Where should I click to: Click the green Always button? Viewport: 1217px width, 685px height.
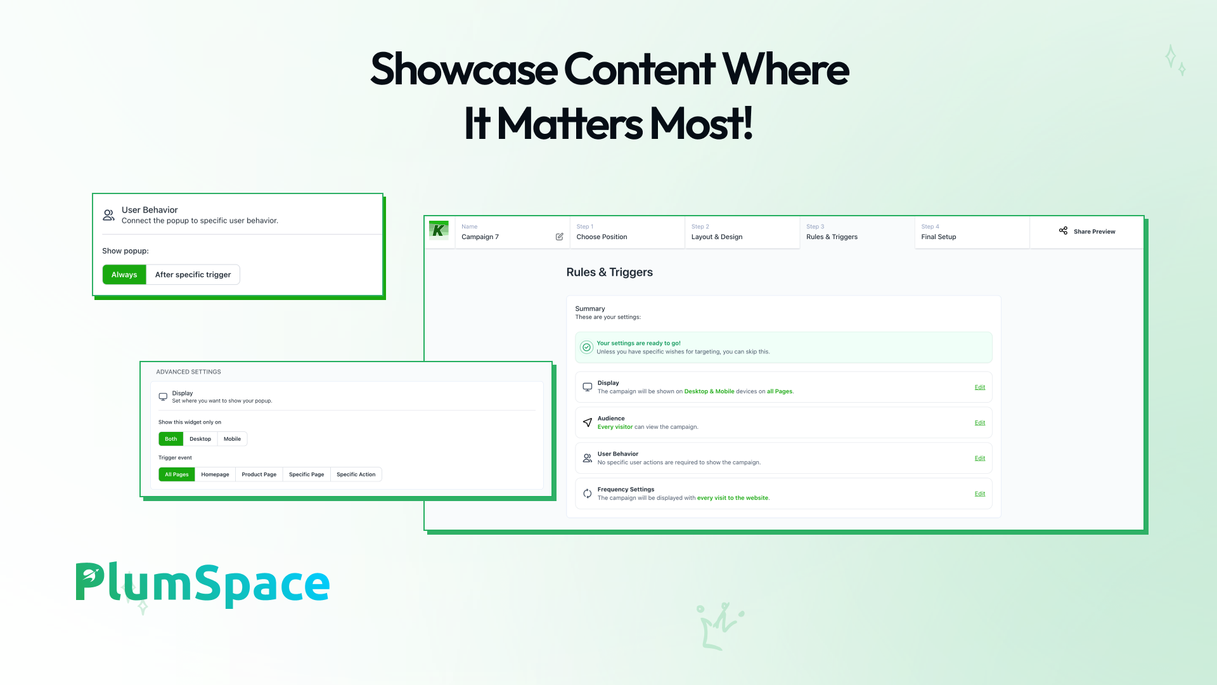[x=124, y=275]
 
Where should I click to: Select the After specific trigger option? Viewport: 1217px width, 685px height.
[x=193, y=275]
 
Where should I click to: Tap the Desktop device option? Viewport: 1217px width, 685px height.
[x=200, y=439]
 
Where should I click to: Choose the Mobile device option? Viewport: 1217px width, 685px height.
[x=232, y=439]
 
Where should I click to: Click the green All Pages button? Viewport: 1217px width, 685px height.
[x=177, y=474]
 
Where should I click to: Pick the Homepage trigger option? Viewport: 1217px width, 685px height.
[x=215, y=474]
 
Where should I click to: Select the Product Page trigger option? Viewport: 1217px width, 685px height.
[x=259, y=474]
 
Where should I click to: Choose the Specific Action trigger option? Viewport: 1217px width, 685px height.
[x=356, y=474]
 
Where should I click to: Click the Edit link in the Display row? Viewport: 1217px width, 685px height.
[x=980, y=387]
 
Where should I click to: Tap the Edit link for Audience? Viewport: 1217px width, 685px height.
[x=980, y=422]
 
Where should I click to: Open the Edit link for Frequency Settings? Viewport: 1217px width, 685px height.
[x=980, y=493]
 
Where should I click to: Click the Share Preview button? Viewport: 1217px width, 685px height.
[x=1087, y=232]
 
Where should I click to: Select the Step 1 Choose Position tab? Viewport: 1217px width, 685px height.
[x=627, y=232]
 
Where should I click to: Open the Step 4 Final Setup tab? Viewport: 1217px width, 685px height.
[x=972, y=232]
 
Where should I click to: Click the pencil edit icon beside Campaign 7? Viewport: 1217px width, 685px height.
[x=560, y=237]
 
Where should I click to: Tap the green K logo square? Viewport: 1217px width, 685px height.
[x=439, y=230]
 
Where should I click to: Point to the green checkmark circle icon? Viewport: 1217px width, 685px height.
[x=587, y=347]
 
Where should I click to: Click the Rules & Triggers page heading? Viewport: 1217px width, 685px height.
[x=609, y=272]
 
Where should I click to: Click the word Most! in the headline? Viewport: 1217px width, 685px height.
[x=702, y=124]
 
